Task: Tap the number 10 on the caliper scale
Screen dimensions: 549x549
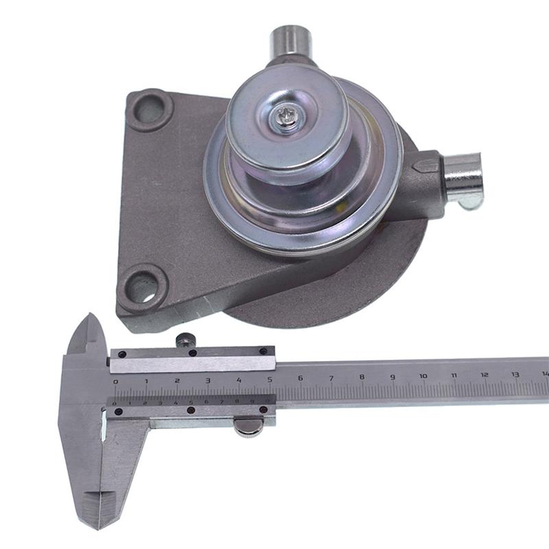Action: (x=423, y=376)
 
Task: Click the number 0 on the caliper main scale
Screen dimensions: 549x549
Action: (x=115, y=381)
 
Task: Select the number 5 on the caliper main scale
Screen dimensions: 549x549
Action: (x=269, y=379)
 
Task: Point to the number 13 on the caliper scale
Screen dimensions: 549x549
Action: (x=515, y=375)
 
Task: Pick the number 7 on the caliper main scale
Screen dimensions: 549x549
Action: (x=331, y=378)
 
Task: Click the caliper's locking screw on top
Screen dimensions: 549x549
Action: (x=183, y=339)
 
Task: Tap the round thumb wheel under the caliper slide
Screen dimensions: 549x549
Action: (x=247, y=427)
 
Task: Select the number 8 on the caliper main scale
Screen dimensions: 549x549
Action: (x=362, y=377)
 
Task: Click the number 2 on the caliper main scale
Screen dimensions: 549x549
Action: (x=177, y=380)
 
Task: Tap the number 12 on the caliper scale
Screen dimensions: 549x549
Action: (x=484, y=375)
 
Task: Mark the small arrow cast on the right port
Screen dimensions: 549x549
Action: (x=426, y=166)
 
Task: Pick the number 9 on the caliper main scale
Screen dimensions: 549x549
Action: (x=393, y=377)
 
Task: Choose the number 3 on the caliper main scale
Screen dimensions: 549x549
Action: (x=208, y=379)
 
